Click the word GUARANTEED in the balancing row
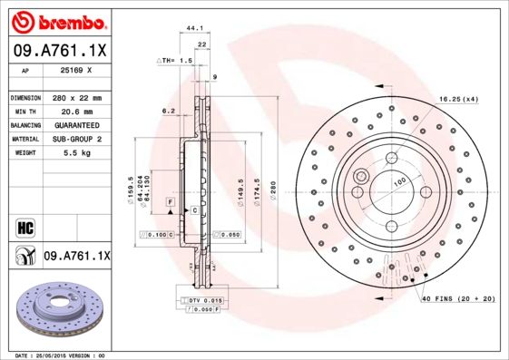pos(77,124)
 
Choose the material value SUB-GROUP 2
pos(77,139)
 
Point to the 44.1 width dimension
pos(193,29)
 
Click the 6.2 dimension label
pos(168,111)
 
